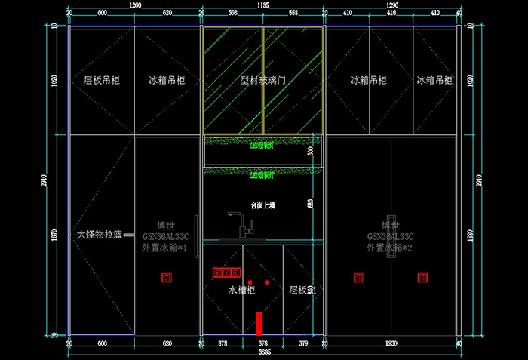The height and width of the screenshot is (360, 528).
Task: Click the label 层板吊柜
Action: point(102,80)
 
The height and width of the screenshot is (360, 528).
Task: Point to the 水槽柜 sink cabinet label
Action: point(242,289)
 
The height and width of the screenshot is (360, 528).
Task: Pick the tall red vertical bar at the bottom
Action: point(259,322)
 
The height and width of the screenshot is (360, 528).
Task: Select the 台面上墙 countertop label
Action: point(263,205)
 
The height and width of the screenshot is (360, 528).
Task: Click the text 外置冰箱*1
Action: point(166,247)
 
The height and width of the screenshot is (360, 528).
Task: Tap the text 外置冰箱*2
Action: point(389,247)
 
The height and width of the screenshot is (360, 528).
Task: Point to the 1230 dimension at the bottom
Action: point(391,344)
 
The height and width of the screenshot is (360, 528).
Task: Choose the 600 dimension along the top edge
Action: point(102,13)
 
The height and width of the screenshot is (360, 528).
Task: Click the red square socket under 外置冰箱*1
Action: point(167,278)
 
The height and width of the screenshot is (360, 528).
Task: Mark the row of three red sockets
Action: point(226,272)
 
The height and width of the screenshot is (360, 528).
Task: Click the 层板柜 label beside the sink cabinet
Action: point(302,289)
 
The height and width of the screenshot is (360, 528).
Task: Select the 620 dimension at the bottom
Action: point(167,344)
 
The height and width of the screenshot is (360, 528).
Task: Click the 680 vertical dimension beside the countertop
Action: point(311,204)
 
